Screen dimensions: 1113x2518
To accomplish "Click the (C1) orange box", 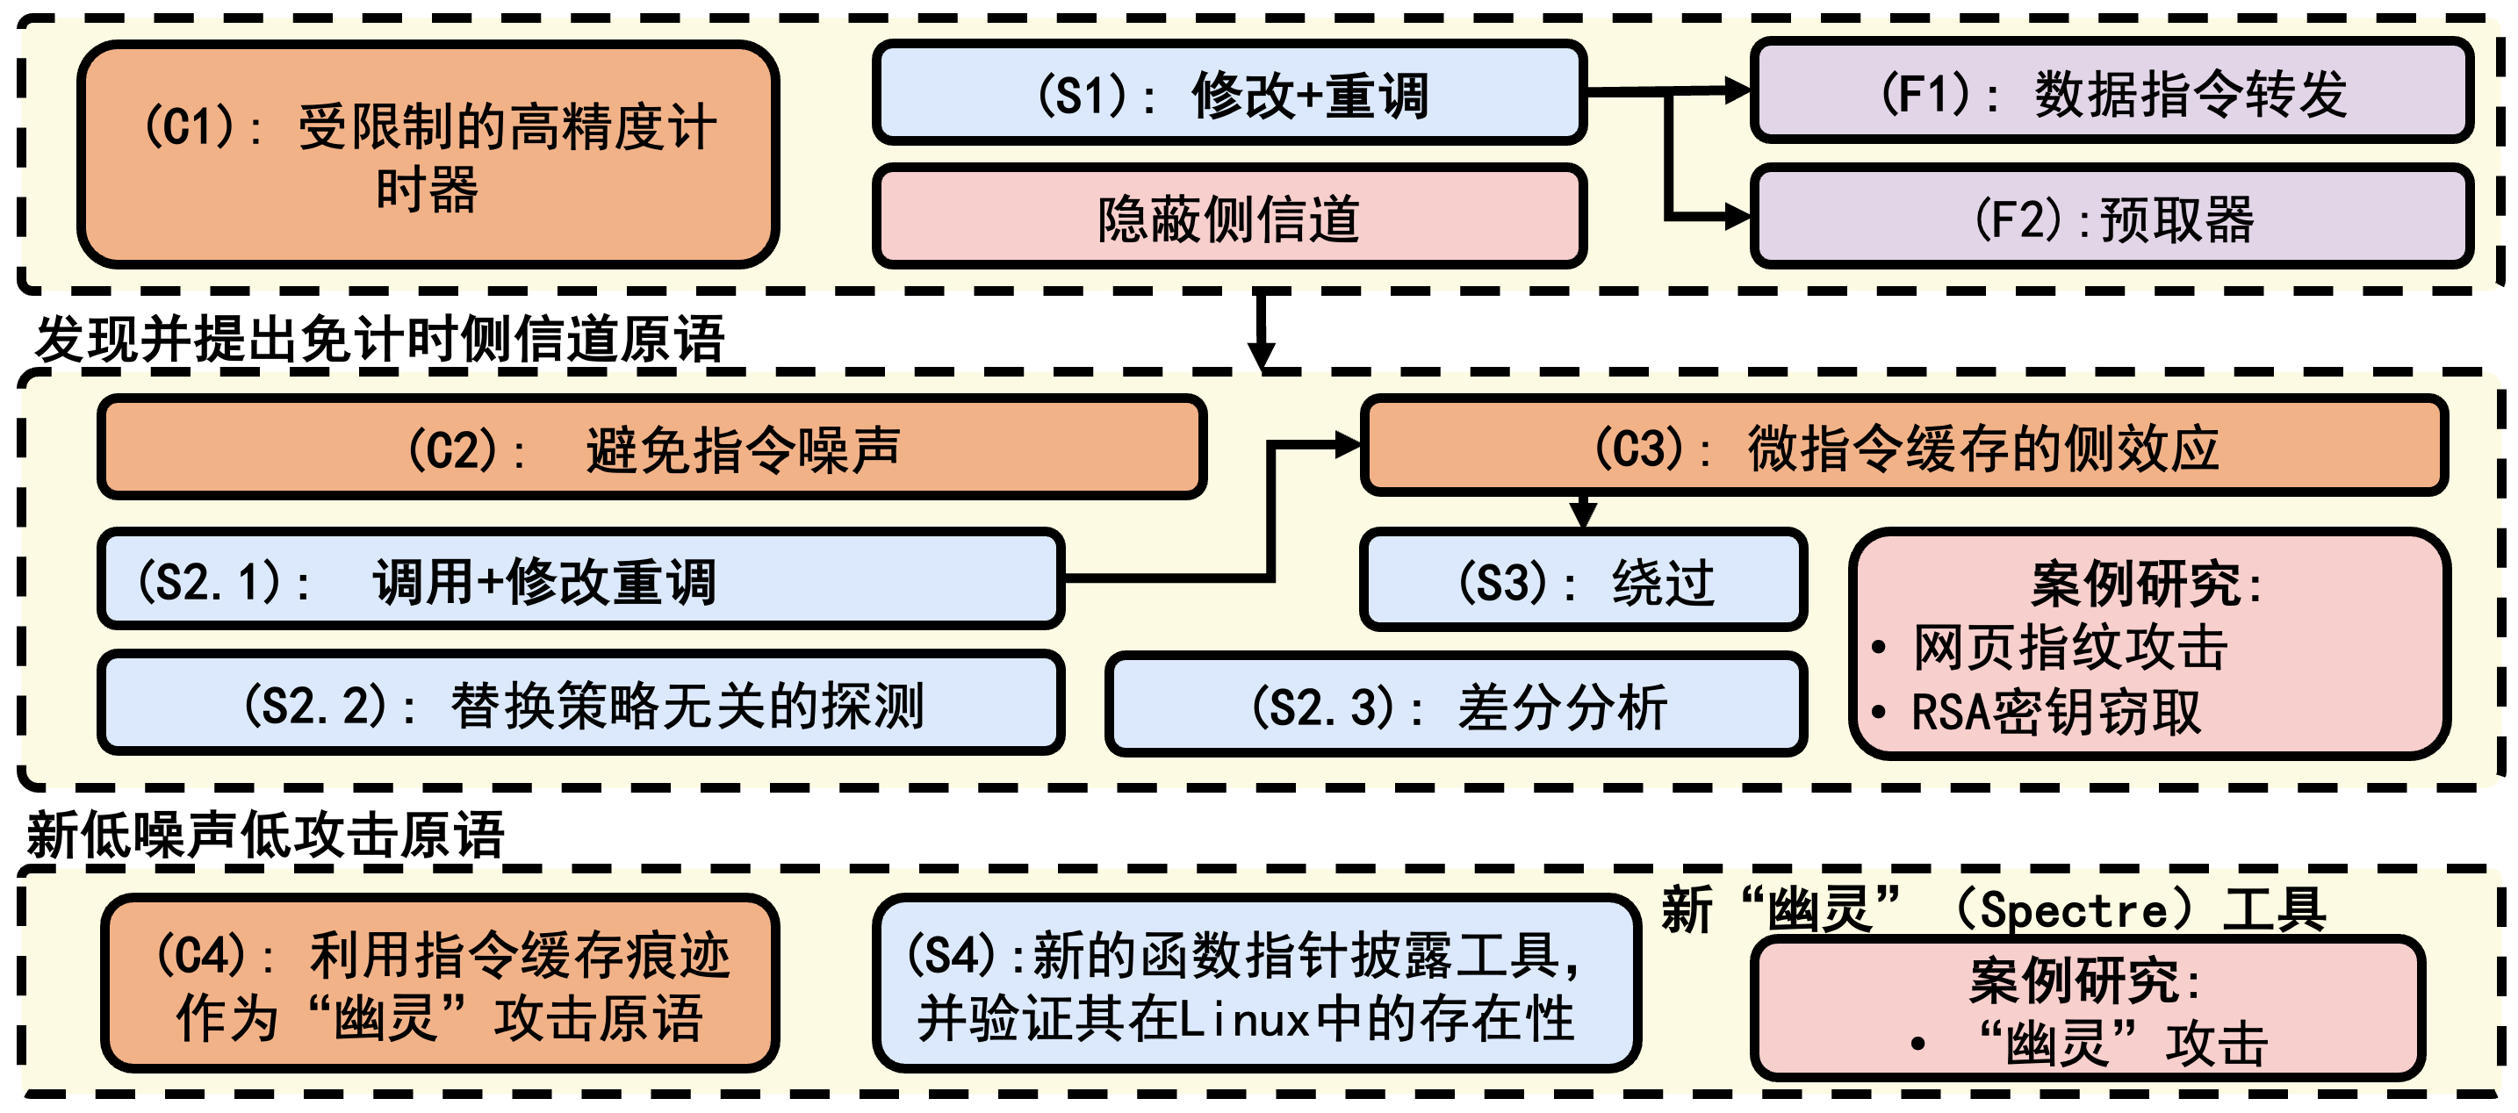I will [428, 154].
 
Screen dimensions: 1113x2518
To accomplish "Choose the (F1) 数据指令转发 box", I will [2112, 92].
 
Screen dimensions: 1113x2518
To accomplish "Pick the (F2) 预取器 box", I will [2112, 218].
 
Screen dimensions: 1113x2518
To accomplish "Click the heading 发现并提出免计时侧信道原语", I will [379, 339].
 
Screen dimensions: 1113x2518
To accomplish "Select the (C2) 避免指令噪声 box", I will [652, 449].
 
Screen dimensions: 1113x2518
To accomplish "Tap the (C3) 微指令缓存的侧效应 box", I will [1903, 447].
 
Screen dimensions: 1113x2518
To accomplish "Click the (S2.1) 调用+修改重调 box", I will [580, 580].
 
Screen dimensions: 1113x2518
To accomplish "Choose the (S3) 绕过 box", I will [1583, 581].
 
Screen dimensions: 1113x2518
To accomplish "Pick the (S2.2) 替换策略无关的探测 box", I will [580, 704].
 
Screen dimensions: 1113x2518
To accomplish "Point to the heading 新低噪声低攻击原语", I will [265, 836].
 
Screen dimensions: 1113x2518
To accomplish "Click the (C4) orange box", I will [440, 984].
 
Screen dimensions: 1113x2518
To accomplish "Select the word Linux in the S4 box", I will [1244, 1020].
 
